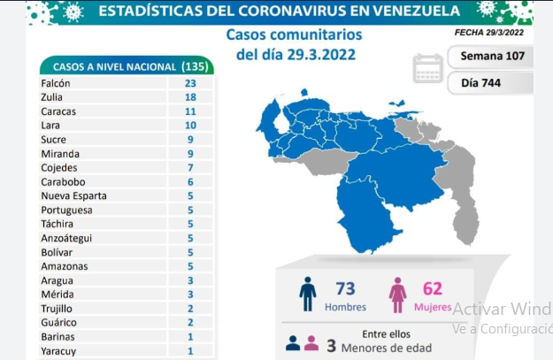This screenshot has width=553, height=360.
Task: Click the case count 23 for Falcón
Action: [x=190, y=83]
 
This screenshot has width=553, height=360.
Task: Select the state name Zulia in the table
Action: [x=51, y=97]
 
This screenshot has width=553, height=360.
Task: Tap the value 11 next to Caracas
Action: [x=190, y=111]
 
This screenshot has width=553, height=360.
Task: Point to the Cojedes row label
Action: [x=59, y=167]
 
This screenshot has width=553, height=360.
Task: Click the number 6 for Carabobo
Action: [x=190, y=182]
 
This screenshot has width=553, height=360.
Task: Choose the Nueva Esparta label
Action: [x=73, y=195]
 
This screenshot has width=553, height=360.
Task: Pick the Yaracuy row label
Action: [x=58, y=351]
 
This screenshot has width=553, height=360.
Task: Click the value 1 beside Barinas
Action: [x=190, y=337]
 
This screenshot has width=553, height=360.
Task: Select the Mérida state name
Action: [x=58, y=294]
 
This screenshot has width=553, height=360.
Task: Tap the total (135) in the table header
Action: [x=195, y=66]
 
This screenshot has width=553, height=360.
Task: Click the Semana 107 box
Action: [x=490, y=56]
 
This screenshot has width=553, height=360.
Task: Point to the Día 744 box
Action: [x=490, y=83]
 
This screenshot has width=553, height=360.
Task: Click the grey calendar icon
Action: [x=427, y=68]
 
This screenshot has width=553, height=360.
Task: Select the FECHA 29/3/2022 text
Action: [x=489, y=33]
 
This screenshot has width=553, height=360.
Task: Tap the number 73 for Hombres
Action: [x=345, y=288]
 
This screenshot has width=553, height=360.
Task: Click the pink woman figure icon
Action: [x=397, y=295]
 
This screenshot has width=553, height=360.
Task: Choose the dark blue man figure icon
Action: [x=308, y=294]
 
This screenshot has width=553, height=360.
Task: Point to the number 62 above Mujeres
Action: [x=433, y=288]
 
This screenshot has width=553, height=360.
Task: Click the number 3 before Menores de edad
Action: [x=331, y=346]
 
